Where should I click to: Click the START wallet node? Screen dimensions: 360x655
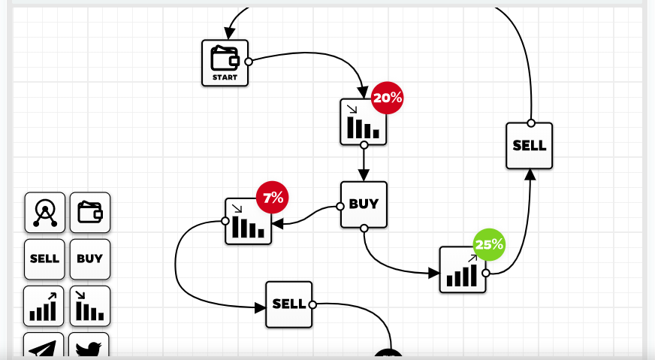[x=225, y=63]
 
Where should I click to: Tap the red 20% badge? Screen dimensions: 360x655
[x=388, y=98]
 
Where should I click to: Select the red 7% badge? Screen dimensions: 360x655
[x=273, y=198]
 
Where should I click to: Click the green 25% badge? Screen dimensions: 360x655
[x=489, y=245]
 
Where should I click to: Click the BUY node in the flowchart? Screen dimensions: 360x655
[x=364, y=204]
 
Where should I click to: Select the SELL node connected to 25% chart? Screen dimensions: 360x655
[x=530, y=146]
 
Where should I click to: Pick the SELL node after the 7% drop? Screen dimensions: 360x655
[x=288, y=304]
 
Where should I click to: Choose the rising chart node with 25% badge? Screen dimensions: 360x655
[x=463, y=270]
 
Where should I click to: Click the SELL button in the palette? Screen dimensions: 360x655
[x=44, y=259]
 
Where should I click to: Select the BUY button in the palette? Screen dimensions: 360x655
[x=90, y=259]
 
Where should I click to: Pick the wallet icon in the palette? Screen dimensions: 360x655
[x=90, y=213]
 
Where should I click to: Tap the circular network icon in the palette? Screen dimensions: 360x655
[x=44, y=213]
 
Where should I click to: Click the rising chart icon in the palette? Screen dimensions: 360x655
[x=44, y=306]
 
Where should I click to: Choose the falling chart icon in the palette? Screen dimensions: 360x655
[x=90, y=306]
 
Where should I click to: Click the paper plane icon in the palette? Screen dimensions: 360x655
[x=44, y=347]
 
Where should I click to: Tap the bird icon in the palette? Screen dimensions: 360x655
[x=90, y=347]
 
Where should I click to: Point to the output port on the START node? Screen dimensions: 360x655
[x=249, y=62]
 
